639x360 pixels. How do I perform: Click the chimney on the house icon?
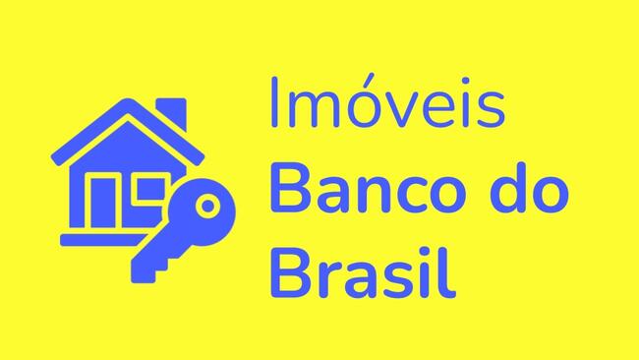[171, 113]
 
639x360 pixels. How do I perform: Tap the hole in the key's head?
[207, 207]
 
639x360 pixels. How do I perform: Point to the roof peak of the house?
[126, 105]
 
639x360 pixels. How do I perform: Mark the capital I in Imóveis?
[274, 105]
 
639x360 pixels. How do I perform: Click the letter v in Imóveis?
[406, 111]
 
